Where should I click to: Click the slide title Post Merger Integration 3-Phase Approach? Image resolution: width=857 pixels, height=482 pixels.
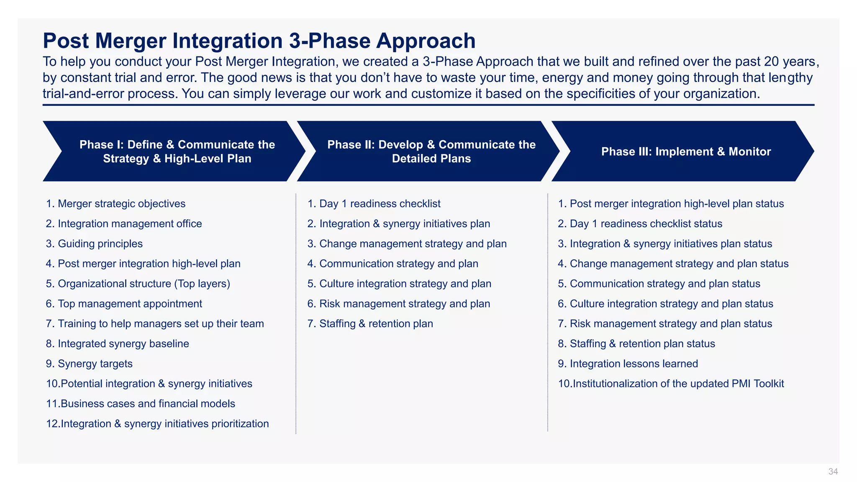259,41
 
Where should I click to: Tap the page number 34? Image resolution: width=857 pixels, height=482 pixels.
833,472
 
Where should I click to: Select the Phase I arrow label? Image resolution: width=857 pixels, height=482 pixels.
177,151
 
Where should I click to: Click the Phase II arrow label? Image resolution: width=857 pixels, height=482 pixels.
431,151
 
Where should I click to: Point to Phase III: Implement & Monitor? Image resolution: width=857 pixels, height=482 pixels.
686,151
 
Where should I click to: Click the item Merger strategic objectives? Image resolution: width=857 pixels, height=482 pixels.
121,204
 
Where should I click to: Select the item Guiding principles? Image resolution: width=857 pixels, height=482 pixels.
100,244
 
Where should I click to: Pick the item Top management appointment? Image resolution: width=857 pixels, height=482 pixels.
130,304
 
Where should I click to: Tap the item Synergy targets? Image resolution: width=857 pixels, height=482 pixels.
95,364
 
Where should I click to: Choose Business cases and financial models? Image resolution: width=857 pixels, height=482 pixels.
147,404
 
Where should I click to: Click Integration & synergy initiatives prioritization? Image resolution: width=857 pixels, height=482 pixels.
164,424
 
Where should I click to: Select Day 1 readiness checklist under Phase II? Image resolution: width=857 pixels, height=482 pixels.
380,204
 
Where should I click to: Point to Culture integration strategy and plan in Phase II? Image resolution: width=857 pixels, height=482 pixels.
405,284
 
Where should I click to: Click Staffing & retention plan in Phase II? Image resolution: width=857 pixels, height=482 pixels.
376,324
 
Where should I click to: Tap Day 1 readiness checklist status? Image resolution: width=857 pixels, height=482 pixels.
646,224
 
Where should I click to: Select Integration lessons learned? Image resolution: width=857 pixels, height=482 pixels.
634,364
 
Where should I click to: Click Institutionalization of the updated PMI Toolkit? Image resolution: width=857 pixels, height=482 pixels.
678,384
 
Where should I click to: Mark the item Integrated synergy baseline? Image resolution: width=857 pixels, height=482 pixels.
123,344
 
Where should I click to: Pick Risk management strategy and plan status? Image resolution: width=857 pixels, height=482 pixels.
671,324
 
